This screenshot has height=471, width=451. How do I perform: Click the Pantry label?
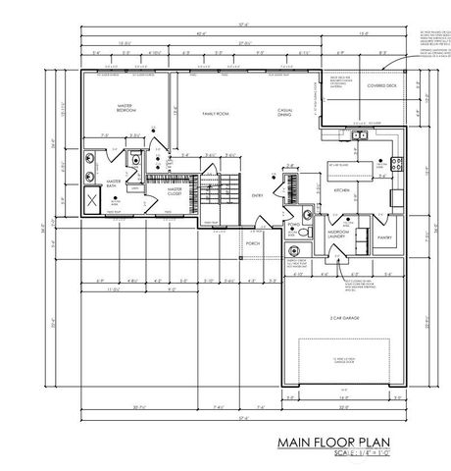pyautogui.click(x=383, y=236)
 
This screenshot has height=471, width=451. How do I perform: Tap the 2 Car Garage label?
pyautogui.click(x=342, y=318)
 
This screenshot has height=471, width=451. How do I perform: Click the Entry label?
pyautogui.click(x=257, y=195)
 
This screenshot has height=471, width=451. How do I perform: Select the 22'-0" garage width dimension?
pyautogui.click(x=342, y=405)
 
